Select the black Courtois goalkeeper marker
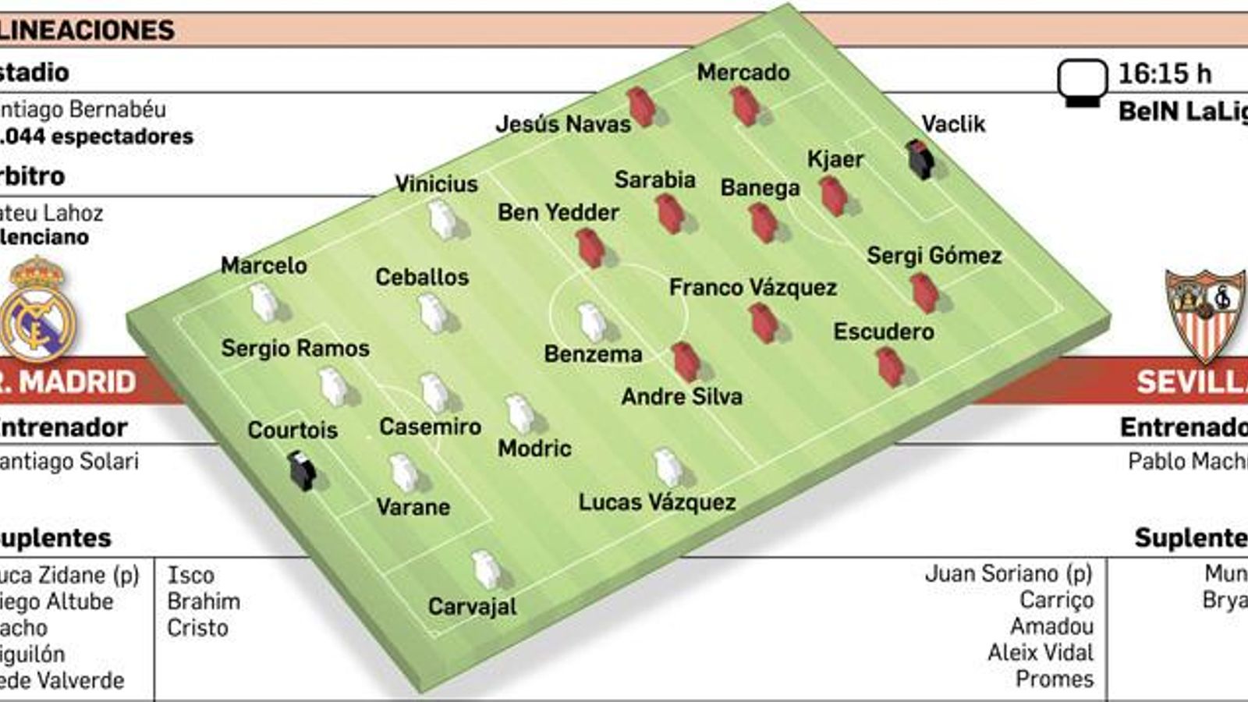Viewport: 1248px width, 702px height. coord(301,470)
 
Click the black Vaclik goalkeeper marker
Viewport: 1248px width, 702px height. coord(920,160)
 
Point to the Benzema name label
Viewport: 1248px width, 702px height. coord(593,354)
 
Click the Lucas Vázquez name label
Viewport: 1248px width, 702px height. coord(657,502)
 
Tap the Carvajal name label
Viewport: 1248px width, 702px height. coord(472,606)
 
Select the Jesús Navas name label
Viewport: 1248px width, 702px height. coord(563,124)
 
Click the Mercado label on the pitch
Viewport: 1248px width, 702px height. coord(743,73)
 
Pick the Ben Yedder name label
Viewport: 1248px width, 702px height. coord(558,212)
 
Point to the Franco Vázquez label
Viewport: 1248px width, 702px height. coord(753,288)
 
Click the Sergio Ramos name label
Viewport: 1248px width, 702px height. coord(295,349)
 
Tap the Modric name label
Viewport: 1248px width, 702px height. coord(534,448)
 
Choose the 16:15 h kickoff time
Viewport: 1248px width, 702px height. coord(1165,74)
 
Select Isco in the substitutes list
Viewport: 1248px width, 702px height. coord(190,576)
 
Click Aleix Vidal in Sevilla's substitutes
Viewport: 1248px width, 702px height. coord(1041,652)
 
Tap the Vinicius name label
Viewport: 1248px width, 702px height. coord(436,184)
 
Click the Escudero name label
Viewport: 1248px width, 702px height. coord(883,332)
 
